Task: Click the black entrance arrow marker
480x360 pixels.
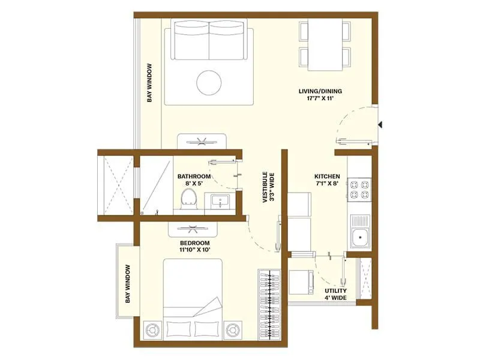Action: (x=380, y=125)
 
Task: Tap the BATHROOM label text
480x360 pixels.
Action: (x=193, y=176)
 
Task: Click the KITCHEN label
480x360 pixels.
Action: (x=327, y=176)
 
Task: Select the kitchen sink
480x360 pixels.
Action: (x=360, y=236)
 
